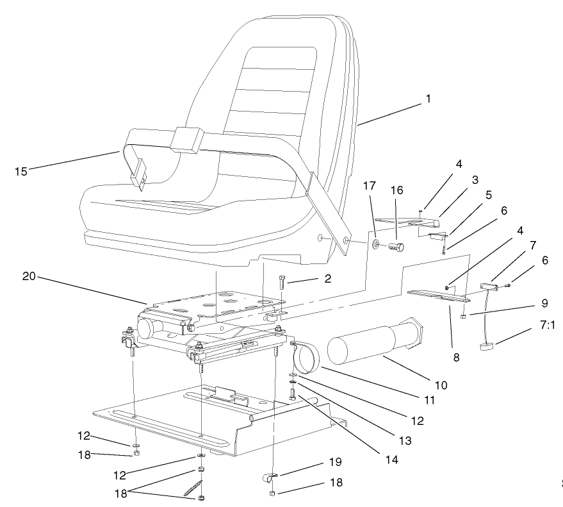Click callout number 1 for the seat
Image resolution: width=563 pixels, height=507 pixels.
point(428,99)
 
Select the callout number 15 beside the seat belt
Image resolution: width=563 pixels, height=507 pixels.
point(20,171)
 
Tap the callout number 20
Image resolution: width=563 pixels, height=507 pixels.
point(29,277)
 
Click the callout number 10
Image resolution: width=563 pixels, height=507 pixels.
point(441,385)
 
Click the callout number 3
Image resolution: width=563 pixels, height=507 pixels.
point(475,181)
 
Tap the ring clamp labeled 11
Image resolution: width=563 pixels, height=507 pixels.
point(305,359)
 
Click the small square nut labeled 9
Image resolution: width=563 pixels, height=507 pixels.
point(462,316)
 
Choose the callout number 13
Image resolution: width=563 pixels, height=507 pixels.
point(405,441)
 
